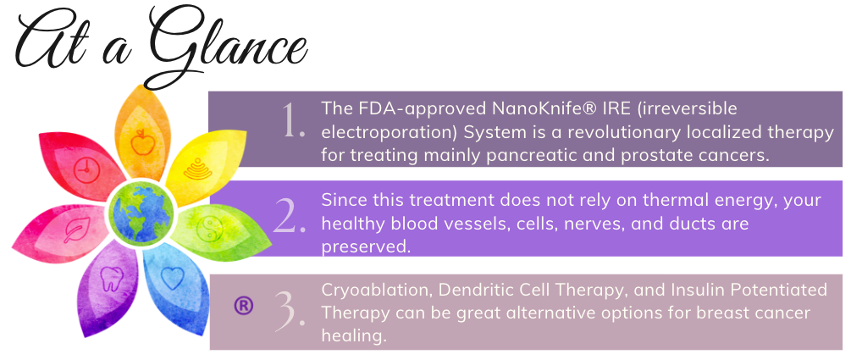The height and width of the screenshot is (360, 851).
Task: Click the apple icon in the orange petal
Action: click(x=142, y=142)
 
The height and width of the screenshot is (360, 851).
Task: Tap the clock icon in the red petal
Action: click(x=86, y=170)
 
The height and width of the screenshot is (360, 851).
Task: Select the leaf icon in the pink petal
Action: click(x=76, y=230)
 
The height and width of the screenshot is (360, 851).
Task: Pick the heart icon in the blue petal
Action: click(x=172, y=278)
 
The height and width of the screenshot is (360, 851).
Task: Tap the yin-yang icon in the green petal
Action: click(x=207, y=230)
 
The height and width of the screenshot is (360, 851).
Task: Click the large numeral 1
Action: click(x=293, y=120)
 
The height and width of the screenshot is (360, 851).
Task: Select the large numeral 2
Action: click(x=290, y=216)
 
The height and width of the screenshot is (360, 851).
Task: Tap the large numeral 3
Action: click(x=290, y=310)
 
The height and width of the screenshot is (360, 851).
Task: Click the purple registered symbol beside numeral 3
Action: click(x=243, y=306)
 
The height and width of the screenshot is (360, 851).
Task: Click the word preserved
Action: click(x=366, y=247)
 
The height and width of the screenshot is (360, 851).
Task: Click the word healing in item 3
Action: click(x=354, y=336)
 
